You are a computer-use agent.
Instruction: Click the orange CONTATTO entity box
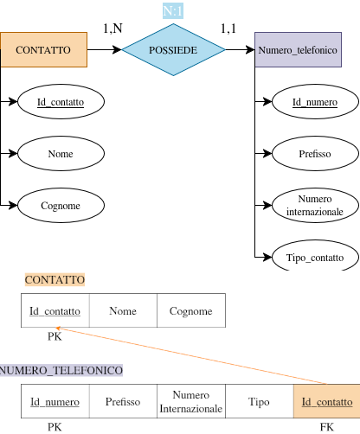pos(43,50)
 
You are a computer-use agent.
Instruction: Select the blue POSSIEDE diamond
pos(173,50)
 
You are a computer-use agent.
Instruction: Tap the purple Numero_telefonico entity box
pos(298,50)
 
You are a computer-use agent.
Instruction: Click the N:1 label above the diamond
pos(173,10)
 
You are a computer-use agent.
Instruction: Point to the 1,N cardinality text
pos(112,29)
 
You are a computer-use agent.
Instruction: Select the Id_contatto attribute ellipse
pos(61,102)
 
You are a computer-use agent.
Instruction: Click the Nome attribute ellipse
pos(61,154)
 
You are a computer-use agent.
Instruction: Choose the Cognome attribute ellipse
pos(61,205)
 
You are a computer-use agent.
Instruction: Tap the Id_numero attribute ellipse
pos(314,102)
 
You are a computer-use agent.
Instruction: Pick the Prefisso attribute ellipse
pos(314,154)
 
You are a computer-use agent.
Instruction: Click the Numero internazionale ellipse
pos(314,205)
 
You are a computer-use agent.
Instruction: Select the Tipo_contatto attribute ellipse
pos(314,257)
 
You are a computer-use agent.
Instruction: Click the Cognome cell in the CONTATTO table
pos(190,311)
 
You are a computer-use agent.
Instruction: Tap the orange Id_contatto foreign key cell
pos(326,402)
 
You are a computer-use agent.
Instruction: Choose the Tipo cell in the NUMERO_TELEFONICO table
pos(259,402)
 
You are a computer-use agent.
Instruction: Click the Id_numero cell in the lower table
pos(55,402)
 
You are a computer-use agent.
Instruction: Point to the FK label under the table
pos(326,426)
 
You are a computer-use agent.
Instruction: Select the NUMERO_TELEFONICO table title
pos(61,370)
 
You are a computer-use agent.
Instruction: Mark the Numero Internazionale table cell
pos(190,402)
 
